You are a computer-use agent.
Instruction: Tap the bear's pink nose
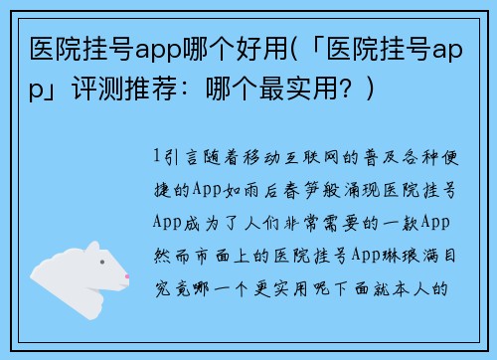point(126,274)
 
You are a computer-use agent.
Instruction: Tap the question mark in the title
point(346,90)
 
